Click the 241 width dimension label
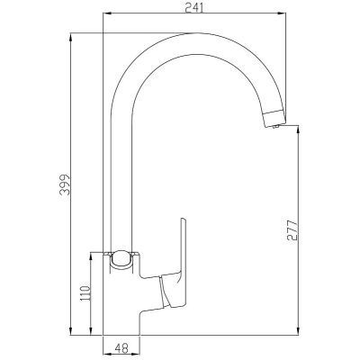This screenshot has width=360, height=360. click(x=194, y=7)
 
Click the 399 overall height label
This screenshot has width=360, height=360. click(x=65, y=184)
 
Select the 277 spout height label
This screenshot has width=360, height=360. click(x=292, y=230)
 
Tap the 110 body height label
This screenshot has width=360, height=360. click(x=85, y=294)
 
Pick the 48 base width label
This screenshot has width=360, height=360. click(x=121, y=348)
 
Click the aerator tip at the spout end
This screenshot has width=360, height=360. click(x=274, y=118)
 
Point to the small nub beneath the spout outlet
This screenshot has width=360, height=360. click(x=276, y=127)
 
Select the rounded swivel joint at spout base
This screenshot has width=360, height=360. click(x=121, y=259)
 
